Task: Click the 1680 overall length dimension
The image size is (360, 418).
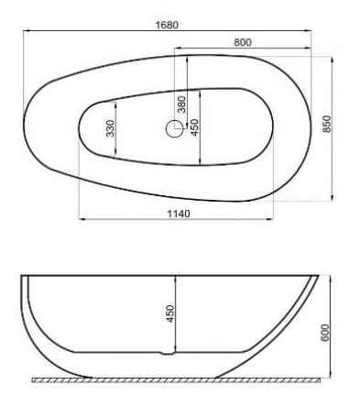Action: (167, 25)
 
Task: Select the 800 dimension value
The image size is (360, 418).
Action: (243, 42)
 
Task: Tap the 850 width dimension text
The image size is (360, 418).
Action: (327, 124)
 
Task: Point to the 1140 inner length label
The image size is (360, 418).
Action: (179, 214)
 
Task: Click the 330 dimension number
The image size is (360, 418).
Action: (111, 128)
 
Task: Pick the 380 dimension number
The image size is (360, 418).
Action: (181, 104)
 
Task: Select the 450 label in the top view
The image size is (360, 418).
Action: (194, 127)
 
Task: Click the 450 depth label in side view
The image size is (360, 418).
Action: (169, 313)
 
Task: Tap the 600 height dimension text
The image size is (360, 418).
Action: (325, 333)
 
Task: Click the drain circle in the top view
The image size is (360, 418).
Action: (175, 128)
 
